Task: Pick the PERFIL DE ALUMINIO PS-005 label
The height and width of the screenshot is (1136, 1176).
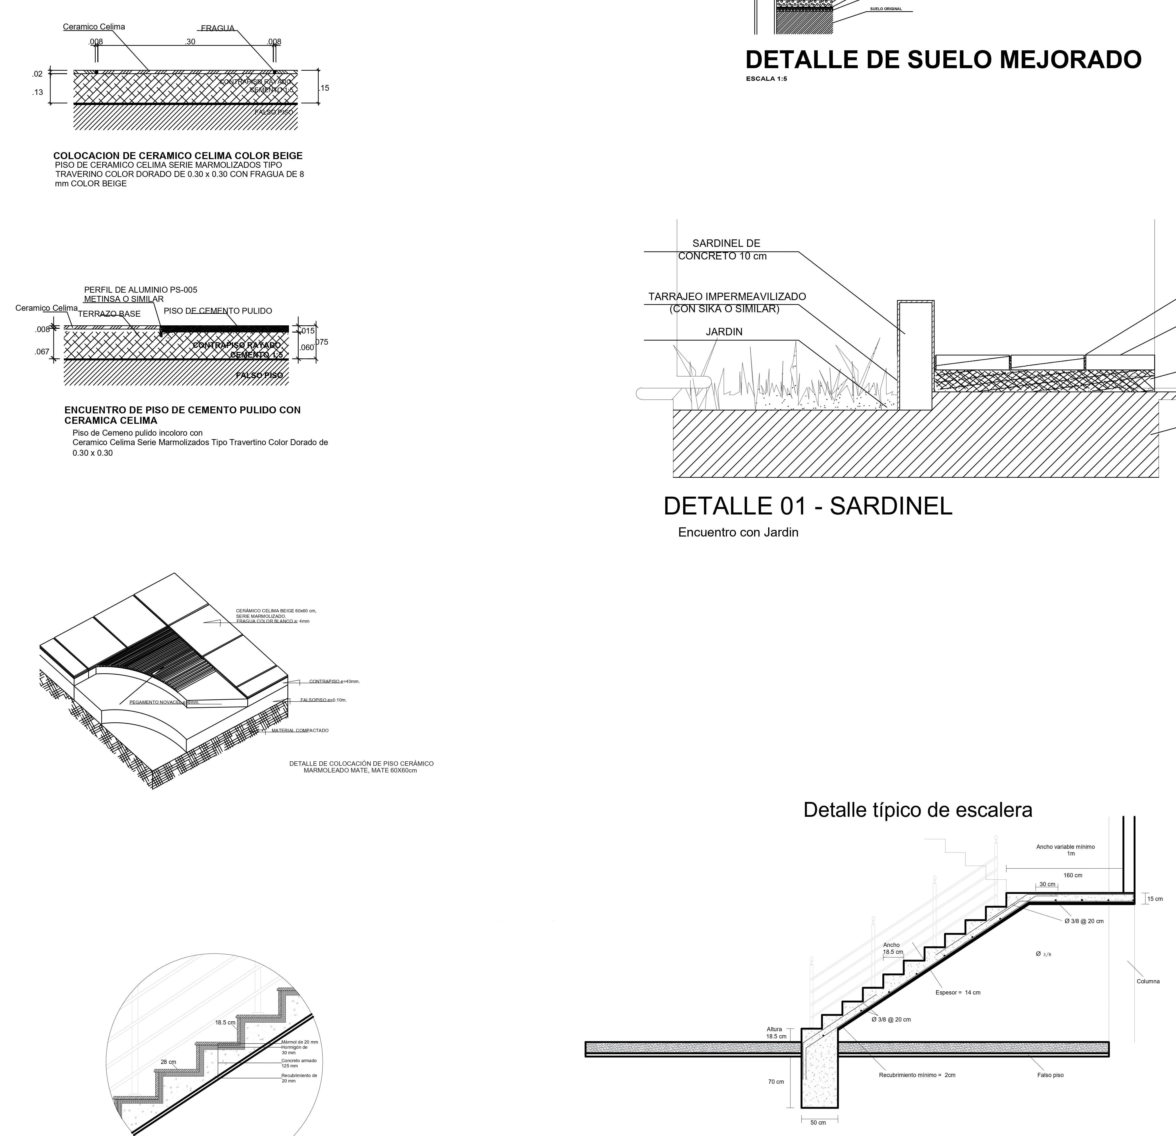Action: tap(140, 290)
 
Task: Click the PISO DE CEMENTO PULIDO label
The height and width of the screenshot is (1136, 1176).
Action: tap(218, 311)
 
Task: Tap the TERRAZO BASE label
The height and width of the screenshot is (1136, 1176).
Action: tap(109, 314)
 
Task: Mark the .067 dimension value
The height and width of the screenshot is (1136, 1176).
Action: tap(42, 352)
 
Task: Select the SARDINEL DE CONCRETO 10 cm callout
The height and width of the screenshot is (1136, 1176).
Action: tap(723, 250)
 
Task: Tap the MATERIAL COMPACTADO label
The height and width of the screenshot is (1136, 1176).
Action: tap(300, 730)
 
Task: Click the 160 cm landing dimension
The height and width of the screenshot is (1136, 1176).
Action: tap(1073, 876)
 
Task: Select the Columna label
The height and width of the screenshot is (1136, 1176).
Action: tap(1148, 982)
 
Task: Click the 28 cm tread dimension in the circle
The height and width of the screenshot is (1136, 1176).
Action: tap(168, 1062)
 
